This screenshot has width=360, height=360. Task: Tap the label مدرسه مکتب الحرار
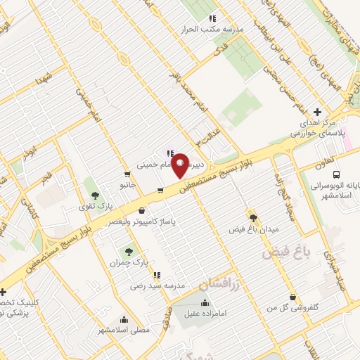pos(213,31)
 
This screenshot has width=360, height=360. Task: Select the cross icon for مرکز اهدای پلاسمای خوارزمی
pos(318,112)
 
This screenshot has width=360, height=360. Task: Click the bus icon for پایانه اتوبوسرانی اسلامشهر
pos(336,174)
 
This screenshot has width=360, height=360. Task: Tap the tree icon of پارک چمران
pos(128,251)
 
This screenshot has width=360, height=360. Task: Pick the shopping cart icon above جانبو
pos(127,174)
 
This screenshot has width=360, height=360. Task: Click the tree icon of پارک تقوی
pos(96,195)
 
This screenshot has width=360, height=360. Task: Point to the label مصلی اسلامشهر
pos(123,329)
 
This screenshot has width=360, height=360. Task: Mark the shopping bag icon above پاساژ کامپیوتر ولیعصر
pos(143,210)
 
